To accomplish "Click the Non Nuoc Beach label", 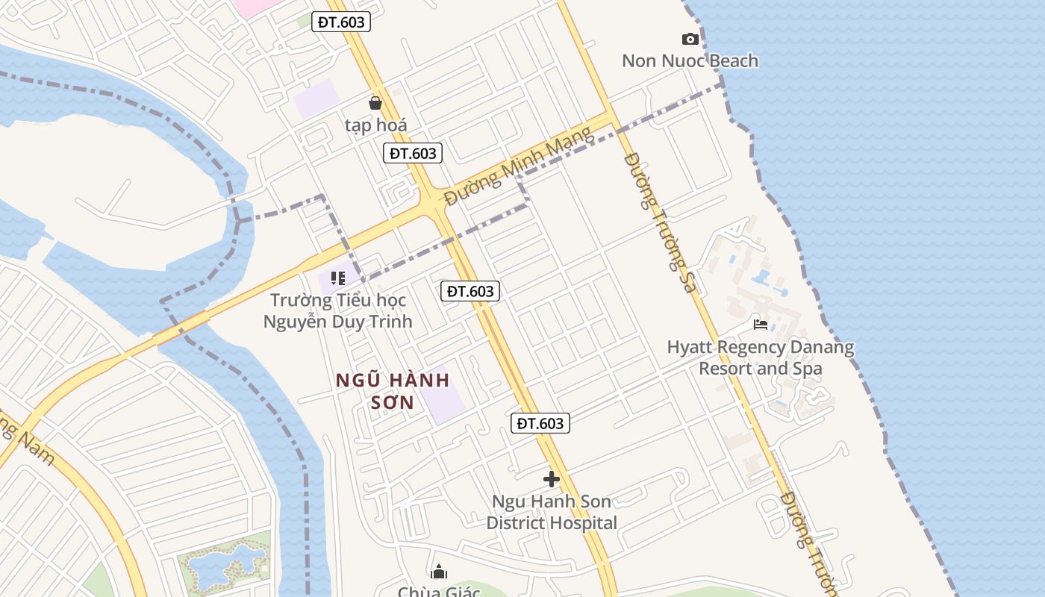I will (x=690, y=61).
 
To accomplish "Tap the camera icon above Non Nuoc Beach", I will (x=690, y=39).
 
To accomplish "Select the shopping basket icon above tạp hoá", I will (x=375, y=103).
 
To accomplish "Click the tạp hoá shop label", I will (x=375, y=125).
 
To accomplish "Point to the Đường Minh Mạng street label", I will (x=518, y=166).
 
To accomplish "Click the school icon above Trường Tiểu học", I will (x=338, y=278).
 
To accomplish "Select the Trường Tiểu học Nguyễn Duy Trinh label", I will (x=337, y=311).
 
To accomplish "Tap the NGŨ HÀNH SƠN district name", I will (x=393, y=391).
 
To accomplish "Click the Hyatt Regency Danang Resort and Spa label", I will (x=760, y=357).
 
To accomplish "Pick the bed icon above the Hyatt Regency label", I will (x=761, y=325).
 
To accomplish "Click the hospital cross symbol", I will (x=552, y=478).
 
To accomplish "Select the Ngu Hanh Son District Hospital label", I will (x=552, y=512).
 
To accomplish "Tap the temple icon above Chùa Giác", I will (x=439, y=572).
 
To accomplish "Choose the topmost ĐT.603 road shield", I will (x=341, y=22).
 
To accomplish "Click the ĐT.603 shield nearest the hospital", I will (x=540, y=423).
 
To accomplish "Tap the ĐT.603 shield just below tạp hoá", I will (x=413, y=154).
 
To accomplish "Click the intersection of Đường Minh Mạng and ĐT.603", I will (x=433, y=203).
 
